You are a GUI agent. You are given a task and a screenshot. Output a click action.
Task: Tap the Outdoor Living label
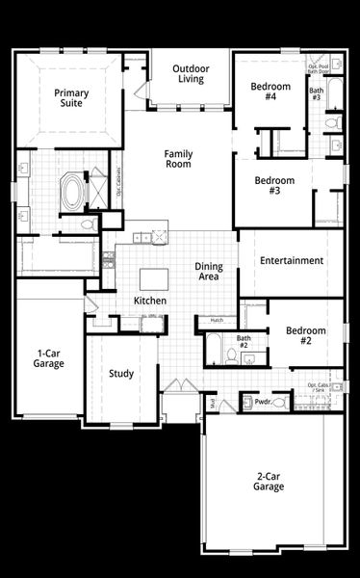pyautogui.click(x=191, y=73)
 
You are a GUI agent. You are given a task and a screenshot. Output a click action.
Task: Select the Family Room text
pyautogui.click(x=178, y=159)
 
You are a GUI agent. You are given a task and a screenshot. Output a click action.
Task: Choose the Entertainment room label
pyautogui.click(x=291, y=260)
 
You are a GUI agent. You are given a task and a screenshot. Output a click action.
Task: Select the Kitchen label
pyautogui.click(x=150, y=302)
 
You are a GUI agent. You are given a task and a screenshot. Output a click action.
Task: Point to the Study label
pyautogui.click(x=121, y=374)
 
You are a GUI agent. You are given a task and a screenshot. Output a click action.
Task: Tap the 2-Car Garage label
pyautogui.click(x=270, y=481)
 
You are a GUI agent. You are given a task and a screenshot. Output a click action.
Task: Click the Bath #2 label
pyautogui.click(x=244, y=341)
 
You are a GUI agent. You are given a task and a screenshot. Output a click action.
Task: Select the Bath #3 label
pyautogui.click(x=316, y=94)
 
